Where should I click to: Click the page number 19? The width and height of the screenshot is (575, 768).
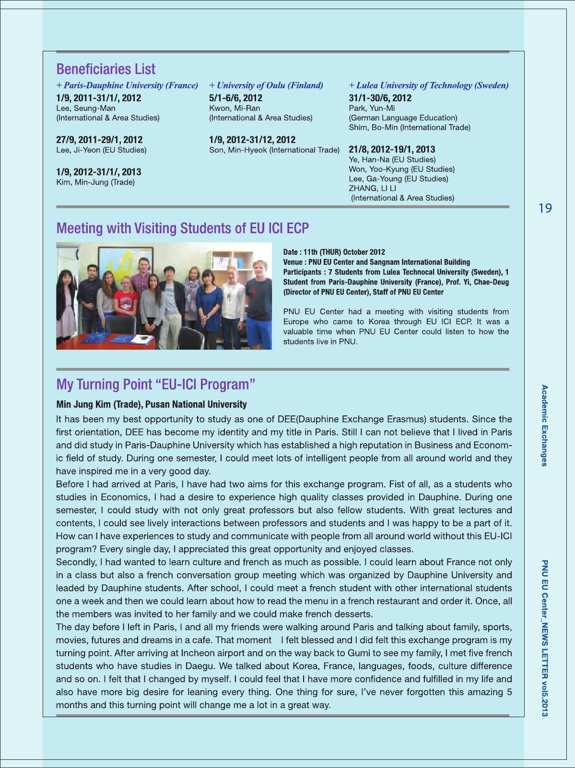coord(545,208)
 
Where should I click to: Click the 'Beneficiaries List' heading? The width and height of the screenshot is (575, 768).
coord(106,69)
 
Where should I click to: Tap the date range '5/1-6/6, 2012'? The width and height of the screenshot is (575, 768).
coord(235,98)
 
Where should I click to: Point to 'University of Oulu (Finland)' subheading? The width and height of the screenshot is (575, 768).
coord(266,85)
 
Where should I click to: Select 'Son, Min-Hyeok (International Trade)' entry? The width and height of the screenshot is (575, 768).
coord(274,150)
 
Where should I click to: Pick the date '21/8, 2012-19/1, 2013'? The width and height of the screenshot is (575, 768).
coord(392,149)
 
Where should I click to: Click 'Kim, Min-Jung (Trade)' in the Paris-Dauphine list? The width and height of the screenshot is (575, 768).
coord(95,182)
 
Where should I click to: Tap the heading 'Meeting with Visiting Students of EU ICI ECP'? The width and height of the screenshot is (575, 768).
coord(183,228)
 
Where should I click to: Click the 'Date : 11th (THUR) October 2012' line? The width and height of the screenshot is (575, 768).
coord(334,252)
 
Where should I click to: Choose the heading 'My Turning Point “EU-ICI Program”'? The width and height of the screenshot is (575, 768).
coord(156,384)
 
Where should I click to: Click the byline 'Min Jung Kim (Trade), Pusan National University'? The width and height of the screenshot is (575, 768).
coord(152,404)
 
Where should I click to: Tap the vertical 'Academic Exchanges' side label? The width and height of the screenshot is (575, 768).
coord(544,425)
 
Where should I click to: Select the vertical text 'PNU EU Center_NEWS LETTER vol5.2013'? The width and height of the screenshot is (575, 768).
coord(544,638)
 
